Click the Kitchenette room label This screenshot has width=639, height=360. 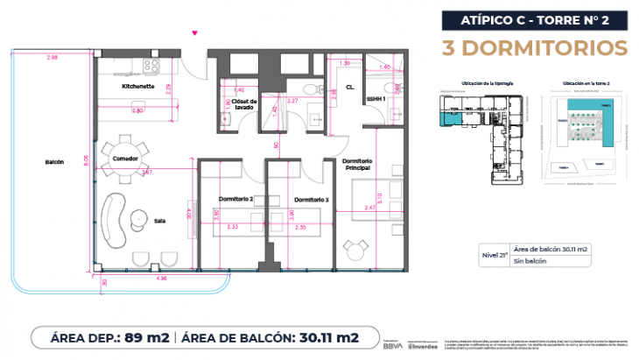pos(138,88)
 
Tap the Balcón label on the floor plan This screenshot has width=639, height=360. pos(53,163)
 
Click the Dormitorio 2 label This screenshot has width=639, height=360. pos(235,199)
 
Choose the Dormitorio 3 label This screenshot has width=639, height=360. pos(311,199)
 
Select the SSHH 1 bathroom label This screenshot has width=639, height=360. pos(376,100)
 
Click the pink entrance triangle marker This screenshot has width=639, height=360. pos(194,33)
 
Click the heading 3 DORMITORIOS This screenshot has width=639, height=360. pos(536,46)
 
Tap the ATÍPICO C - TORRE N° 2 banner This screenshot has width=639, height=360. pos(535,18)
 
